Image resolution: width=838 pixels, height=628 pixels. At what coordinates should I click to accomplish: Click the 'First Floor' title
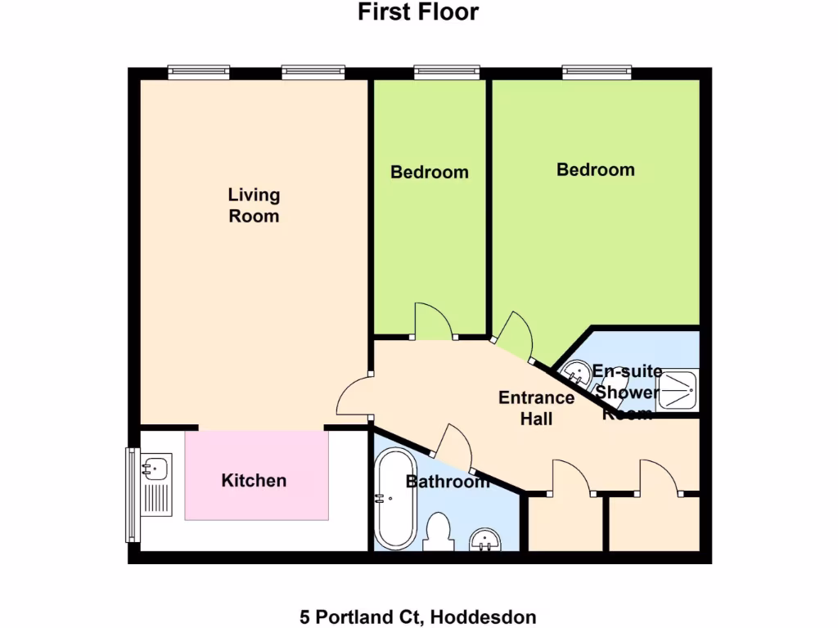[x=418, y=12]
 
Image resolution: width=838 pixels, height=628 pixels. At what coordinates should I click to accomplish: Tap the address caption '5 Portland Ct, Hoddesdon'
[x=418, y=617]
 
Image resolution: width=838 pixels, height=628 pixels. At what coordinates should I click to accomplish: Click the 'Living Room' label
[x=254, y=205]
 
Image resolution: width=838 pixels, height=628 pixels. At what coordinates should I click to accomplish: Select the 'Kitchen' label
[x=254, y=480]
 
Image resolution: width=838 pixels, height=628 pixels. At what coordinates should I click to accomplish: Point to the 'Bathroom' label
[x=448, y=482]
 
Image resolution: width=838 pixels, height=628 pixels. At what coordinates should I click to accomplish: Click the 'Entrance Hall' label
[x=536, y=408]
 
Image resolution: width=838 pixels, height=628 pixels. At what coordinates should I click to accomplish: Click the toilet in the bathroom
[x=439, y=532]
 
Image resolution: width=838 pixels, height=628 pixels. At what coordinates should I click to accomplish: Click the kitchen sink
[x=155, y=469]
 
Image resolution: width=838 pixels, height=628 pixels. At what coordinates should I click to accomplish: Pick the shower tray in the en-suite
[x=678, y=391]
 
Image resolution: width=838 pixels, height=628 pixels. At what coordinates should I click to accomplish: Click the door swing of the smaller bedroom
[x=433, y=321]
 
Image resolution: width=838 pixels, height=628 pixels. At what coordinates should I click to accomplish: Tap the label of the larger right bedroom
[x=595, y=170]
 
